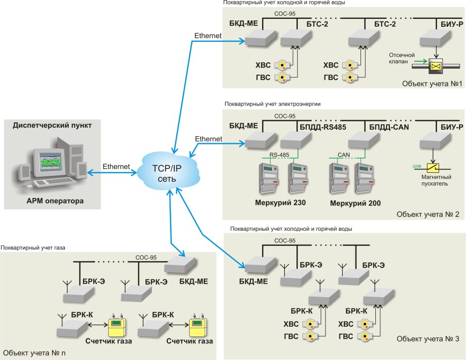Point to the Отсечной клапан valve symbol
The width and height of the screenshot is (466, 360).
coord(437,66)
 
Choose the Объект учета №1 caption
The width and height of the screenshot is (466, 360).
coord(431,84)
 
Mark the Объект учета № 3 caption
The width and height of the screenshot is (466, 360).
coord(428,339)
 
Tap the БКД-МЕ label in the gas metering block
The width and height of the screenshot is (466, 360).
coord(194,281)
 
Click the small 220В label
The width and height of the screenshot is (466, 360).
coord(416,166)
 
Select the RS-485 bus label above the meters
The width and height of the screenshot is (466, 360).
coord(280,155)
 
